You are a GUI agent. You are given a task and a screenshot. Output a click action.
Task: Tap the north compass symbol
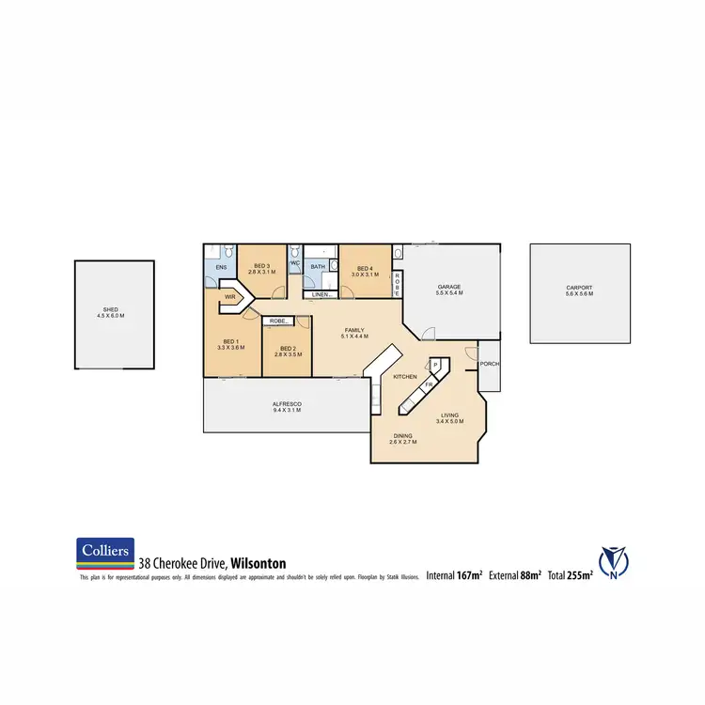click(x=615, y=561)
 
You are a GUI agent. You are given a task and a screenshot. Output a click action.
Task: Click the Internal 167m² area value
click(x=455, y=574)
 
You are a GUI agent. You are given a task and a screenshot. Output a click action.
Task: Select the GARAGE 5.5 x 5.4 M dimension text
click(x=450, y=294)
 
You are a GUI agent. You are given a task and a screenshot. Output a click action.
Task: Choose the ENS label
click(x=221, y=267)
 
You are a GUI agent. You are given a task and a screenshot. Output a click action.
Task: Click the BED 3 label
click(x=262, y=267)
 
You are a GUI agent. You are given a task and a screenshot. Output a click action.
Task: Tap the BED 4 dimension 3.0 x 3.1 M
click(x=365, y=274)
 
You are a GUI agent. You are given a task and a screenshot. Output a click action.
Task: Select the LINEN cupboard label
click(x=320, y=295)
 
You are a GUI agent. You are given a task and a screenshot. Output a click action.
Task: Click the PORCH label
click(x=489, y=365)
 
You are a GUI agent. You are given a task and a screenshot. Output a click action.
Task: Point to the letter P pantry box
click(x=435, y=365)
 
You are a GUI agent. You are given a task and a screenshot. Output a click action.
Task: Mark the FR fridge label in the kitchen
click(x=427, y=384)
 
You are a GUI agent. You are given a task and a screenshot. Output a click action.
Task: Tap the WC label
click(x=294, y=263)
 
